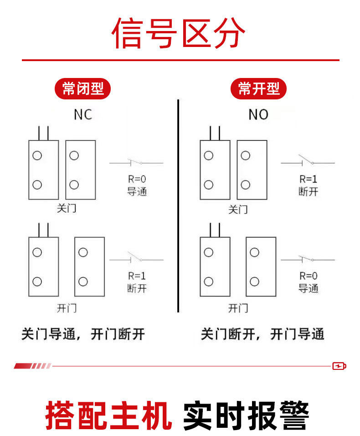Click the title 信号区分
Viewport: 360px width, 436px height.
click(x=179, y=33)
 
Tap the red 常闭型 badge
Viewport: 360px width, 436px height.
click(x=83, y=88)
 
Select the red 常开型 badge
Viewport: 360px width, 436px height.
click(x=259, y=88)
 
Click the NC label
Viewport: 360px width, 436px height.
click(x=83, y=114)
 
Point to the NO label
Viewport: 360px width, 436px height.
click(x=258, y=114)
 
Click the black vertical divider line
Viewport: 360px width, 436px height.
click(x=178, y=205)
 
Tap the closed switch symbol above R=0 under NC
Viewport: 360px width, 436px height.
click(x=136, y=162)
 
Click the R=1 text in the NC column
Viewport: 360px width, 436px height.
click(x=137, y=275)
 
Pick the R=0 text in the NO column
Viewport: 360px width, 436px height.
click(x=309, y=275)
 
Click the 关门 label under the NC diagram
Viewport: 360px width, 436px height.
click(x=66, y=209)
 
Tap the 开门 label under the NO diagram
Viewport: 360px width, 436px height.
click(x=238, y=308)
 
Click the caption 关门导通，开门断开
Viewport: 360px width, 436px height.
click(x=83, y=334)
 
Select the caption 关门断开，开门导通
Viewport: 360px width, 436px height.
click(x=262, y=334)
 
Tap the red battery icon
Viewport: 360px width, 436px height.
click(x=339, y=366)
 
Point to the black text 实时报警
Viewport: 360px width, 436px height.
click(x=246, y=415)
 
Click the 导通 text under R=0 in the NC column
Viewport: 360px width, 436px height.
click(x=137, y=191)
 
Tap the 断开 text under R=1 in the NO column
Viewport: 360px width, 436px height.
click(x=309, y=191)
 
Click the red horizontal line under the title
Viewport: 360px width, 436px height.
click(x=180, y=60)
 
